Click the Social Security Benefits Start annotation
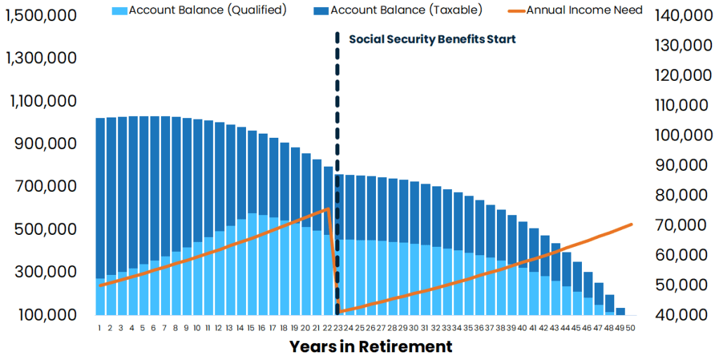(432, 39)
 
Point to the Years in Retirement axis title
(370, 347)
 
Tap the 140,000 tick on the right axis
(679, 15)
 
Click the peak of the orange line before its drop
(327, 209)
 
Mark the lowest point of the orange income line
(339, 311)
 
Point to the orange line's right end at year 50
(631, 224)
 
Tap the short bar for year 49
(621, 311)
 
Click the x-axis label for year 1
(100, 328)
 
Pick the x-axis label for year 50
(631, 328)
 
